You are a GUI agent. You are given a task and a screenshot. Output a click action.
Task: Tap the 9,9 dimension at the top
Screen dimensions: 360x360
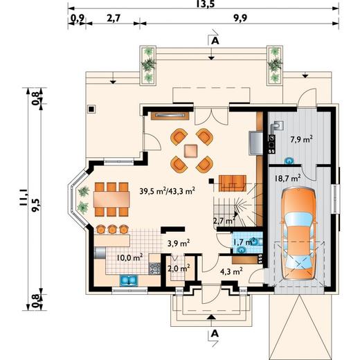pyautogui.click(x=240, y=18)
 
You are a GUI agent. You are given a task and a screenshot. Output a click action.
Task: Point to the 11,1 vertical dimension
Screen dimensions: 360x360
pyautogui.click(x=24, y=199)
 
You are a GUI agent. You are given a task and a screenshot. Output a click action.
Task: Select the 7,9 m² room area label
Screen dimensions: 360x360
pyautogui.click(x=302, y=139)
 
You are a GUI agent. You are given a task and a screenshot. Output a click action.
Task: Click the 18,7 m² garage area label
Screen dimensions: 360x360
pyautogui.click(x=288, y=178)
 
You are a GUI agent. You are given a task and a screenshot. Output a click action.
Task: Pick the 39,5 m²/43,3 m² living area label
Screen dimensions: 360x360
pyautogui.click(x=168, y=191)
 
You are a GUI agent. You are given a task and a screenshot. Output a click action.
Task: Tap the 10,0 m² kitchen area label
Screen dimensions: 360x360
pyautogui.click(x=129, y=258)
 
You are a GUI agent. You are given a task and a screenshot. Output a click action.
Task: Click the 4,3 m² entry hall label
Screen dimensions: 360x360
pyautogui.click(x=231, y=271)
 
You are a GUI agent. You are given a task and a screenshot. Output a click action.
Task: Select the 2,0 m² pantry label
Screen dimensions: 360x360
pyautogui.click(x=179, y=269)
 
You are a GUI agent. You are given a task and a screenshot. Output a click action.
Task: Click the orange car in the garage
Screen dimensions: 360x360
pyautogui.click(x=298, y=234)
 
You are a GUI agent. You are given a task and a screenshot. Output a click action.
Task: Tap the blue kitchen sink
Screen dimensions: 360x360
pyautogui.click(x=129, y=280)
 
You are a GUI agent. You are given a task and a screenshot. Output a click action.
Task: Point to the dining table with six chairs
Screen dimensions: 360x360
pyautogui.click(x=111, y=199)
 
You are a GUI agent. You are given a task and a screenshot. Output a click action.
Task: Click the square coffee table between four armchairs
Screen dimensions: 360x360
pyautogui.click(x=191, y=151)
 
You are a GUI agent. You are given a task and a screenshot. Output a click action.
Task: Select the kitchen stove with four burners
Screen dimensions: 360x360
pyautogui.click(x=154, y=269)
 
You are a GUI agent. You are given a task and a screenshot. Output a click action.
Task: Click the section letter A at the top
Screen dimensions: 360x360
pyautogui.click(x=215, y=41)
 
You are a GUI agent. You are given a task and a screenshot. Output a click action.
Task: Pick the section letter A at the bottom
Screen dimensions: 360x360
pyautogui.click(x=215, y=334)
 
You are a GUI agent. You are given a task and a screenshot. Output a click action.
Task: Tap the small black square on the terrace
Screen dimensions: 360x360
pyautogui.click(x=91, y=109)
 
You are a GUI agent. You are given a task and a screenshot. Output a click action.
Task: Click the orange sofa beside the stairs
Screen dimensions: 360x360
pyautogui.click(x=233, y=183)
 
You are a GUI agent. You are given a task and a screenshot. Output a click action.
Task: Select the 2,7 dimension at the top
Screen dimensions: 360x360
pyautogui.click(x=114, y=18)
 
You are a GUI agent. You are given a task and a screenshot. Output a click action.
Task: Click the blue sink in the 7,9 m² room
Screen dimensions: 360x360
pyautogui.click(x=289, y=161)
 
